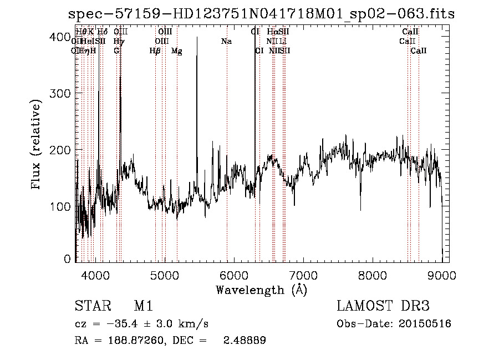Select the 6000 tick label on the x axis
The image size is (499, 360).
tap(234, 274)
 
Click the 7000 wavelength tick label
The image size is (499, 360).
tap(303, 274)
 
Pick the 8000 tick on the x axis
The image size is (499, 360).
tap(373, 274)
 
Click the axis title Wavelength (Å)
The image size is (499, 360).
tap(261, 290)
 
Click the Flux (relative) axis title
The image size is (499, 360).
tap(37, 145)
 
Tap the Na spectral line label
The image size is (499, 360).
tap(226, 41)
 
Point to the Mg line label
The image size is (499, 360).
tap(176, 51)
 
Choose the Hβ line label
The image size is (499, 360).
tap(155, 51)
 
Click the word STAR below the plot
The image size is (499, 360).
tap(91, 306)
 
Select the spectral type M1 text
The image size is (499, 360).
tap(143, 306)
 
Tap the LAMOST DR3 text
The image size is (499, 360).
tap(383, 306)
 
